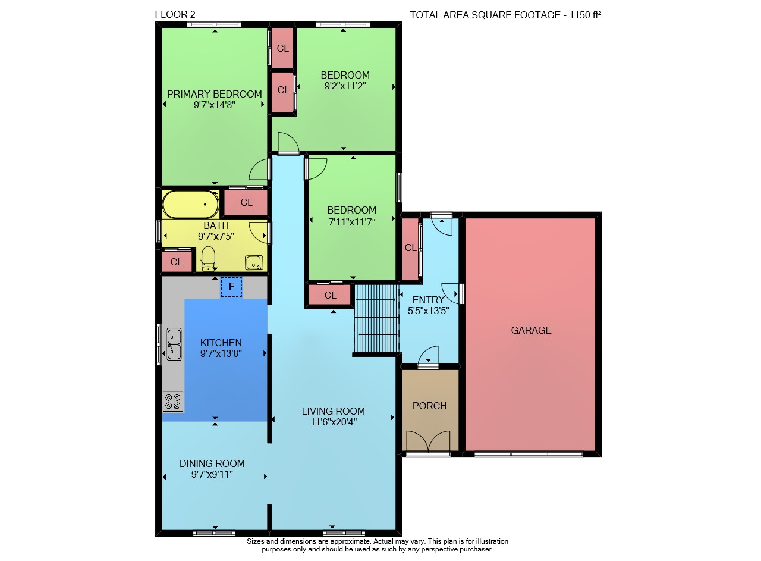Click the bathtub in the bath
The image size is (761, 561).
[x=191, y=204]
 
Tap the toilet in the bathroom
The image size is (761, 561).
[x=208, y=259]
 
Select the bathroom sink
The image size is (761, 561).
[x=254, y=263]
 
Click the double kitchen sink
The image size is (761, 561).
[x=174, y=344]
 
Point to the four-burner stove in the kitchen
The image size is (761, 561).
[x=173, y=402]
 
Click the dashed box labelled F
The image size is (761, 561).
[x=231, y=287]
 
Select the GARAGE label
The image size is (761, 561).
[x=531, y=330]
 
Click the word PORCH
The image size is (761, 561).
[x=429, y=406]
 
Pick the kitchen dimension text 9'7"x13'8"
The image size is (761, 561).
[x=221, y=353]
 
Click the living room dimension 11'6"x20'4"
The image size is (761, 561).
[x=334, y=422]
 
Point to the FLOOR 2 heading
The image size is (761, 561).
[x=175, y=14]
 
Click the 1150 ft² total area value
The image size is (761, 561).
[x=585, y=15]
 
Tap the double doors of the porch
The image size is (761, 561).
[x=428, y=441]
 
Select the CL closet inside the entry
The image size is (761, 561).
[x=410, y=248]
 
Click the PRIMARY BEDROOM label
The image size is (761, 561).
[x=215, y=94]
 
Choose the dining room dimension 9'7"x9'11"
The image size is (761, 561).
[x=212, y=474]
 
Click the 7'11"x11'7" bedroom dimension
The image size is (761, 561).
[x=351, y=222]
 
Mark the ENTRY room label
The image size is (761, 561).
[x=429, y=300]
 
